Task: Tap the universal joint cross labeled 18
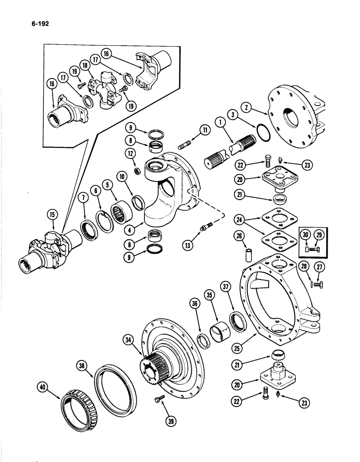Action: [108, 88]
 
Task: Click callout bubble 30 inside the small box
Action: [306, 236]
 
